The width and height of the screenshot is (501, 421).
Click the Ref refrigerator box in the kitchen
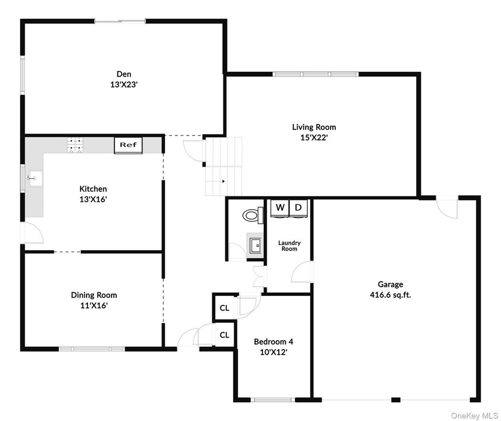[x=128, y=145]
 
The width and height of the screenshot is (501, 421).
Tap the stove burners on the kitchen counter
[x=74, y=145]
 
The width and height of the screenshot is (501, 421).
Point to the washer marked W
[x=280, y=208]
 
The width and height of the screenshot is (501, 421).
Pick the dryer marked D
[x=298, y=208]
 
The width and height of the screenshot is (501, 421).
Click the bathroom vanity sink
[x=256, y=244]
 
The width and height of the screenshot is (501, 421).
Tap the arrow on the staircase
[x=224, y=182]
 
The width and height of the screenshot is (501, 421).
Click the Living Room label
[x=314, y=127]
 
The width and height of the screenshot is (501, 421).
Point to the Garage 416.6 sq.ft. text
[x=390, y=294]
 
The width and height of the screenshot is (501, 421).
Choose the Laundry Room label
[x=289, y=246]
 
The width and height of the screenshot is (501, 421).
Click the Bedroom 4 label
[x=273, y=342]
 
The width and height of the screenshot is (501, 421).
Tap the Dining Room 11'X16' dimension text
[x=94, y=305]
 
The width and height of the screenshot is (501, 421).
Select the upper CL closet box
[x=224, y=308]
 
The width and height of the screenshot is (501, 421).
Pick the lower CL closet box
[x=224, y=335]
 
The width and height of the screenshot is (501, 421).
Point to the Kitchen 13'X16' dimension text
[x=93, y=199]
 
